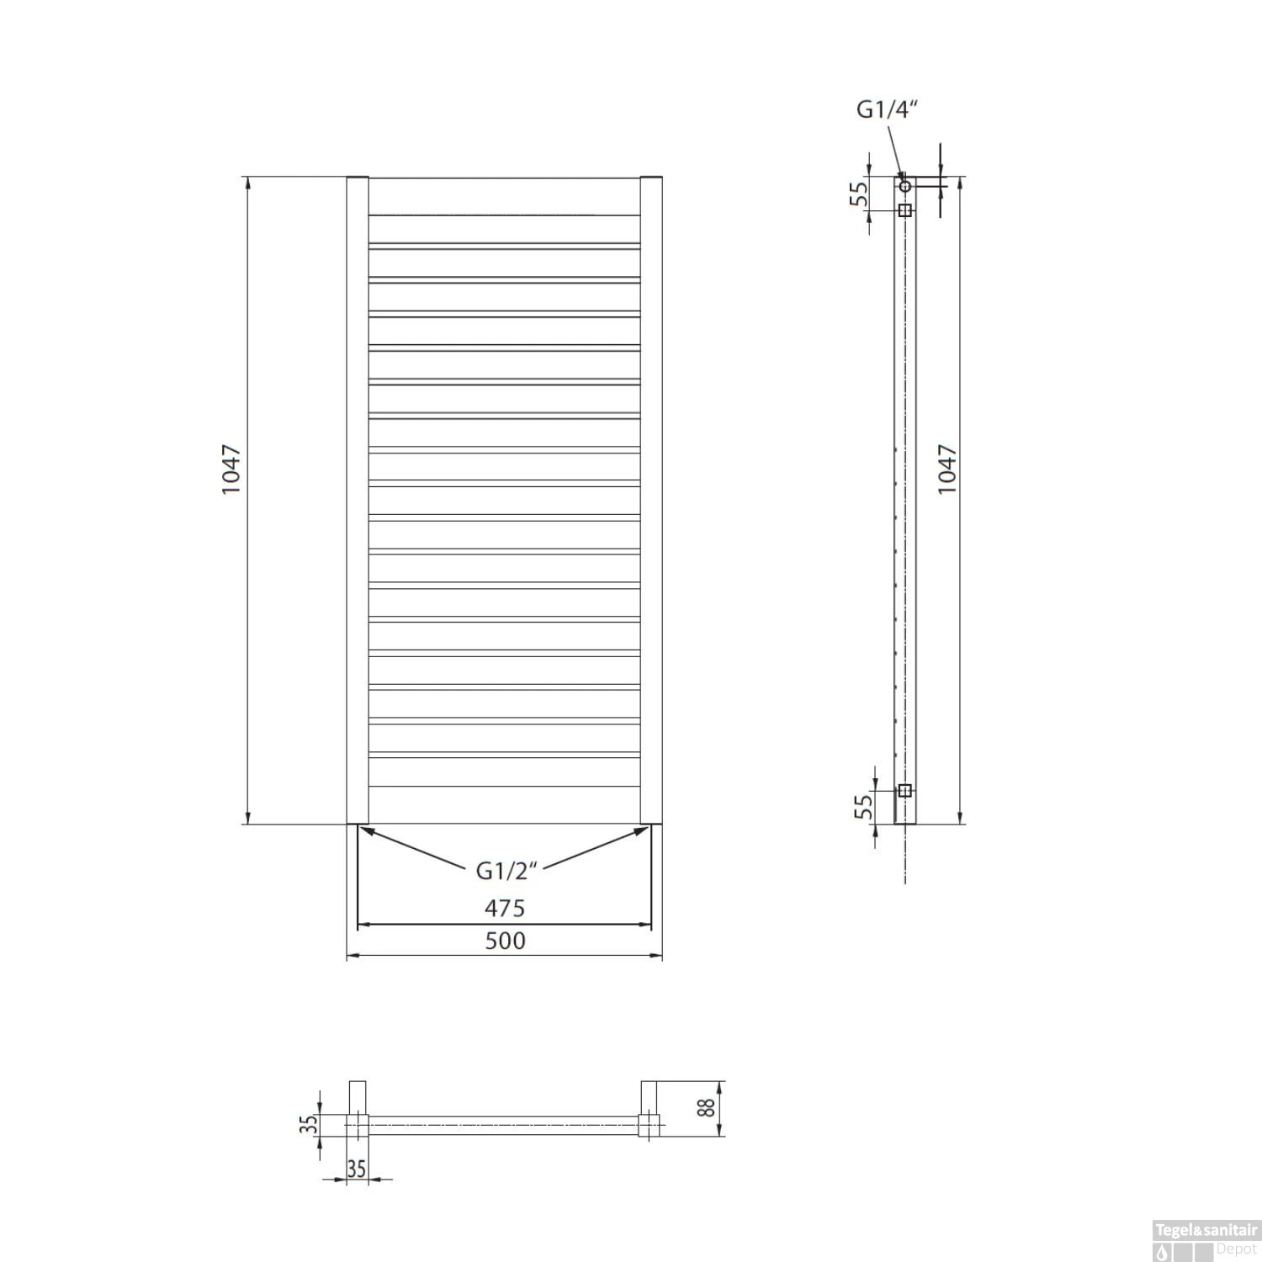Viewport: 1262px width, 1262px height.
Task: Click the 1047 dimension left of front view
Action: click(x=231, y=469)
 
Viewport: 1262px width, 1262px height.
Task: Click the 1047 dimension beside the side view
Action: click(x=947, y=469)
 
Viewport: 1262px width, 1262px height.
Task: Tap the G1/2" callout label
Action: click(x=506, y=871)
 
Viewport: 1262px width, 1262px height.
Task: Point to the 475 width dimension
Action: click(x=505, y=909)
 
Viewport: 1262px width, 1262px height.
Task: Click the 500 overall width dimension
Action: click(x=505, y=941)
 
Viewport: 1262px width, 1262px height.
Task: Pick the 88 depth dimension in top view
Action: click(x=709, y=1107)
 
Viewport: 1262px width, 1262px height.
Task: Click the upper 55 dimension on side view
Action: click(x=857, y=195)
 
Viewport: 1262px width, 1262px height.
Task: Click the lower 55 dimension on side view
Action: click(x=862, y=808)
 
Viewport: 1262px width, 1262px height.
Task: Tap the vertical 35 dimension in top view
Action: click(x=310, y=1124)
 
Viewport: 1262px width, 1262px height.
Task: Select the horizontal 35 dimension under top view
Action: click(x=357, y=1169)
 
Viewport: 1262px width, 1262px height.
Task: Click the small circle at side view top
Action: click(x=905, y=185)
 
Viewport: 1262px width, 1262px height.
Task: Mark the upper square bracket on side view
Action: click(x=905, y=209)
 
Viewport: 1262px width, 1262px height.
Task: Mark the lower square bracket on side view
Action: click(x=905, y=790)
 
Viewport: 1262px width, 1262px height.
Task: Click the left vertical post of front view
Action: click(x=358, y=501)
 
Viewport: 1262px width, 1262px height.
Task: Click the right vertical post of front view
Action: click(x=651, y=501)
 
